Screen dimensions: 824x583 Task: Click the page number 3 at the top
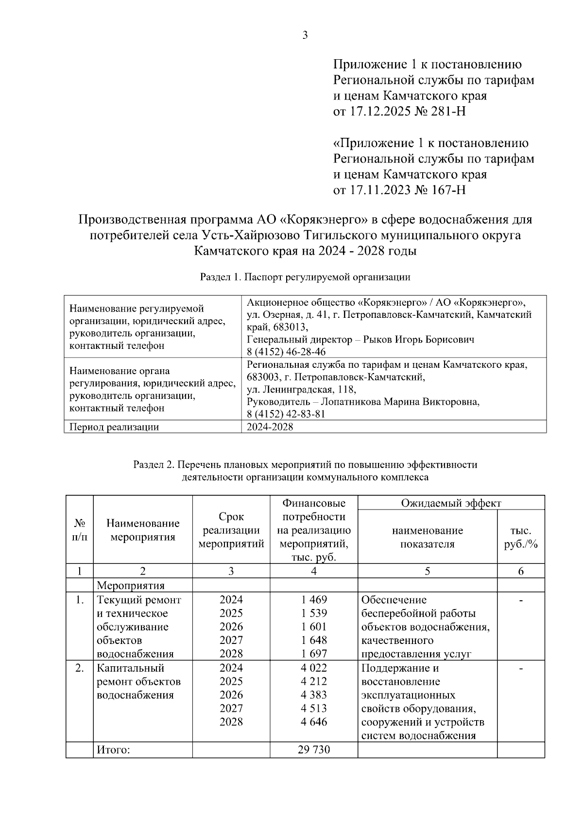coord(305,35)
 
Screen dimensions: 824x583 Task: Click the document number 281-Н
coord(448,112)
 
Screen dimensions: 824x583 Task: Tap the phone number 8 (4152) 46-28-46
coord(286,352)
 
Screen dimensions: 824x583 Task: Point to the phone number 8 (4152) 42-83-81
coord(286,414)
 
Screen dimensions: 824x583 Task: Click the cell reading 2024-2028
coord(270,427)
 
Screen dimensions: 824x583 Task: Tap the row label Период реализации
coord(114,427)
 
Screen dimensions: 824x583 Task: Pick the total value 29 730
coord(314,750)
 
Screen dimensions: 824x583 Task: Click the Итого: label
coord(113,750)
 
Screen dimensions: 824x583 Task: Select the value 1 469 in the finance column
coord(314,600)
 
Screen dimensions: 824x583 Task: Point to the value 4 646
coord(314,722)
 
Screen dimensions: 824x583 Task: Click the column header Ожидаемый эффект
coord(450,503)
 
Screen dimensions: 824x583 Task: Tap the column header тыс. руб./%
coord(521,537)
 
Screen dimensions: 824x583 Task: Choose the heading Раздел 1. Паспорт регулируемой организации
coord(305,278)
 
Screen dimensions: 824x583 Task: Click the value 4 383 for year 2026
coord(314,694)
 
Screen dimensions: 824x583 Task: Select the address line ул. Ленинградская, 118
coord(301,389)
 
